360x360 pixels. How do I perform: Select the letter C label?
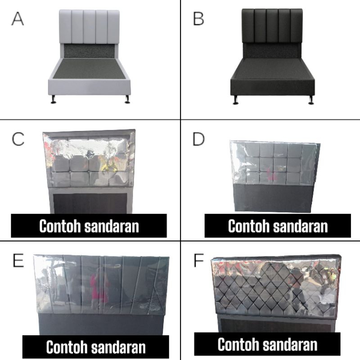[18, 139]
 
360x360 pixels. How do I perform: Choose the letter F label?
[198, 261]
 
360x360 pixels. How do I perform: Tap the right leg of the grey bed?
[127, 99]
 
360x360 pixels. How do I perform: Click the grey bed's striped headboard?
[90, 27]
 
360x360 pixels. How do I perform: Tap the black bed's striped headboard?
[272, 26]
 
